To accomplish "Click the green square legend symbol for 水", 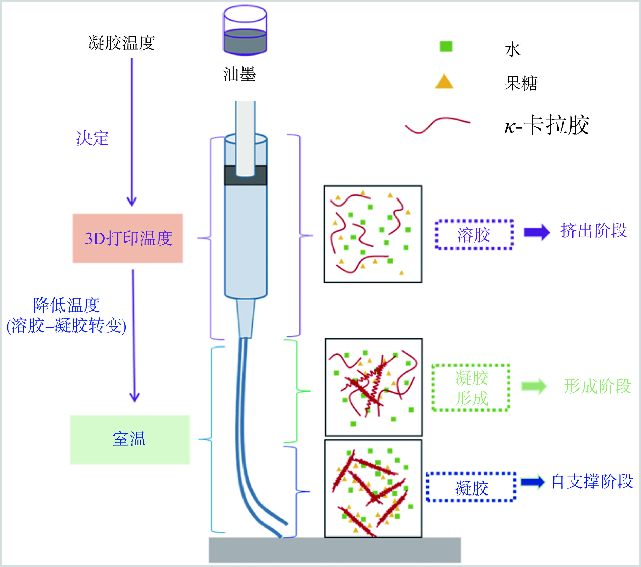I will point(446,46).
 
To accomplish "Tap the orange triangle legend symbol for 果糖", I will point(444,82).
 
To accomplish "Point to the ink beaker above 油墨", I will point(245,30).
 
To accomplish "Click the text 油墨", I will point(239,74).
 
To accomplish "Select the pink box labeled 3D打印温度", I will point(128,238).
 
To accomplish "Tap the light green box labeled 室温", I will point(130,439).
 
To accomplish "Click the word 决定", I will point(93,138).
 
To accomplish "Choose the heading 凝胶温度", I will point(121,43).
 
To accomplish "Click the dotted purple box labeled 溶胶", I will point(474,235).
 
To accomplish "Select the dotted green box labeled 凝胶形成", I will point(471,388).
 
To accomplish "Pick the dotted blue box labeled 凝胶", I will point(471,487).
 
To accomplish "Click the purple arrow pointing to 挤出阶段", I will point(537,232).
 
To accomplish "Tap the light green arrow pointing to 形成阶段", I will point(534,386).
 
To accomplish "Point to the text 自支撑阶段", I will point(592,481).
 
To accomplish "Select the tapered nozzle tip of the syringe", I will point(246,318).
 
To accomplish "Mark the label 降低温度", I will point(66,305).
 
